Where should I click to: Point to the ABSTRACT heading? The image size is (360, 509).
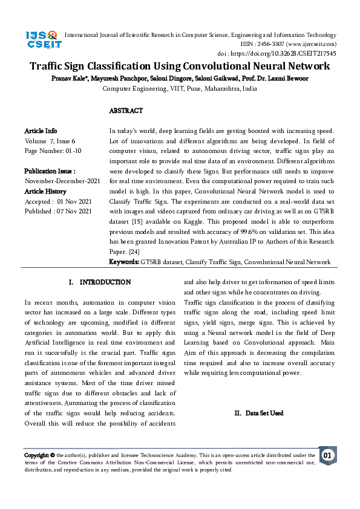126,111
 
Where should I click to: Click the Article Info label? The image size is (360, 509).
41,131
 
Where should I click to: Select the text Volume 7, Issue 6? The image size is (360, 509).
50,141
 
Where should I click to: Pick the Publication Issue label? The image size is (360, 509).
50,171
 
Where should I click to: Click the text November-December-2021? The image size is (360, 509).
62,181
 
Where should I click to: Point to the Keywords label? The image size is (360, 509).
124,262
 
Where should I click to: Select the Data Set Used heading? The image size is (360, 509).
258,413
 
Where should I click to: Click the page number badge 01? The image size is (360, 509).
327,455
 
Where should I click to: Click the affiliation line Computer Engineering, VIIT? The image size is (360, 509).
179,89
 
